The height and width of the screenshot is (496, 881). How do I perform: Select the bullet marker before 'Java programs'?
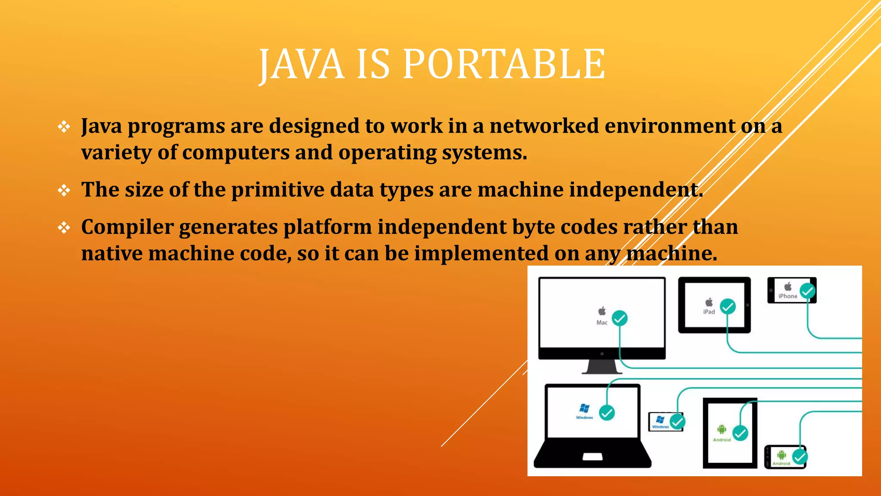click(64, 127)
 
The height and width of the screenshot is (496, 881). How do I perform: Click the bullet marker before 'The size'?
click(64, 190)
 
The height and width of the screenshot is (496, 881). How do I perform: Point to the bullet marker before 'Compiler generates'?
click(64, 227)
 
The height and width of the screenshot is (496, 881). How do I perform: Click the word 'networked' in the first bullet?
click(544, 126)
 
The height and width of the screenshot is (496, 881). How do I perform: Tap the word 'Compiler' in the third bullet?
click(127, 227)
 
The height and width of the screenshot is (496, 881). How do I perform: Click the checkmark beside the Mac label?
click(619, 319)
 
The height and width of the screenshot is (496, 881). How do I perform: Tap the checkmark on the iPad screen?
click(728, 307)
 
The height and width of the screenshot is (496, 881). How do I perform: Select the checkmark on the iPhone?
click(807, 291)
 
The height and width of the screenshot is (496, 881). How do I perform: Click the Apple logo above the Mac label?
click(602, 311)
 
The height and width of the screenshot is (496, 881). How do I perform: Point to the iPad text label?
click(709, 312)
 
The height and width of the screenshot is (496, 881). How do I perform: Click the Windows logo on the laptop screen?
click(584, 408)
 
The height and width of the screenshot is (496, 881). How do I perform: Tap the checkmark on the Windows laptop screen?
click(607, 413)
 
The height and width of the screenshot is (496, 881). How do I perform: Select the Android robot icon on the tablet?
click(721, 429)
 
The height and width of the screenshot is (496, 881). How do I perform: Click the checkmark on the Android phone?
click(799, 457)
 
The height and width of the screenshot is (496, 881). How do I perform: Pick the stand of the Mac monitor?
click(602, 367)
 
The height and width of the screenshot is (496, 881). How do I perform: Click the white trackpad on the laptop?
click(592, 457)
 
